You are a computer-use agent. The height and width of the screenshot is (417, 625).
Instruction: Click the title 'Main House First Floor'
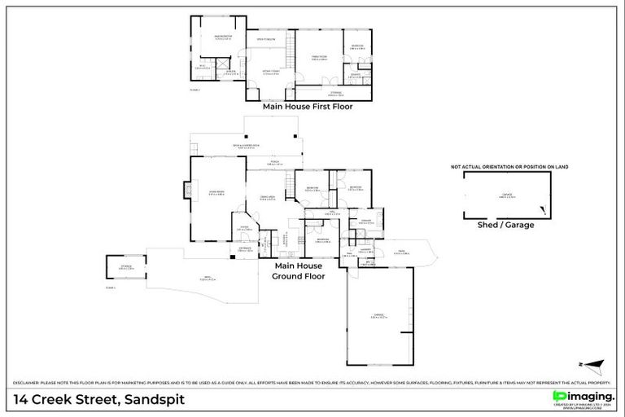[307, 106]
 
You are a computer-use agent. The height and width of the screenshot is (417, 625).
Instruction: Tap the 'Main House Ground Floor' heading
[299, 271]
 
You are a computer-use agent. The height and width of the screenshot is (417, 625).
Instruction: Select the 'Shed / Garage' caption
[505, 225]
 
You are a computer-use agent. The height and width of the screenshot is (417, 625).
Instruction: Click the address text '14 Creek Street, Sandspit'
[99, 399]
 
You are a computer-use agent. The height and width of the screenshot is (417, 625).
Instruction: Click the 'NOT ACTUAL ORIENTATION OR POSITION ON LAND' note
[509, 167]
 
